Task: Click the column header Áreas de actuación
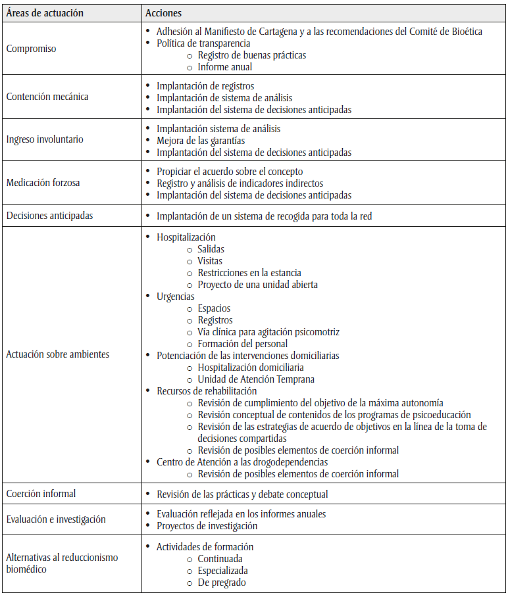(45, 13)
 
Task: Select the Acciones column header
(163, 13)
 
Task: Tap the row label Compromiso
(31, 49)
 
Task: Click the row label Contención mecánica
(47, 97)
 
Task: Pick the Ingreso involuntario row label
(45, 139)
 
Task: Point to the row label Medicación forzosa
(43, 182)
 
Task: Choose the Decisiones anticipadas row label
(49, 215)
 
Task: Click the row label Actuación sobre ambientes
(58, 354)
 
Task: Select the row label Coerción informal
(41, 494)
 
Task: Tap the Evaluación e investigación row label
(56, 519)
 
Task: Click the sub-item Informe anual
(225, 67)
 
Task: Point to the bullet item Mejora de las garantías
(201, 140)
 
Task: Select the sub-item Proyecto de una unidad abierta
(258, 285)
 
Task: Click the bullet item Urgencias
(175, 297)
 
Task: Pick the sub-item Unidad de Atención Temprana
(256, 379)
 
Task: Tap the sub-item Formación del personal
(243, 344)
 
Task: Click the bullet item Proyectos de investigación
(207, 525)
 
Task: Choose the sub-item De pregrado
(222, 583)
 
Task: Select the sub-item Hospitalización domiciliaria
(251, 368)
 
